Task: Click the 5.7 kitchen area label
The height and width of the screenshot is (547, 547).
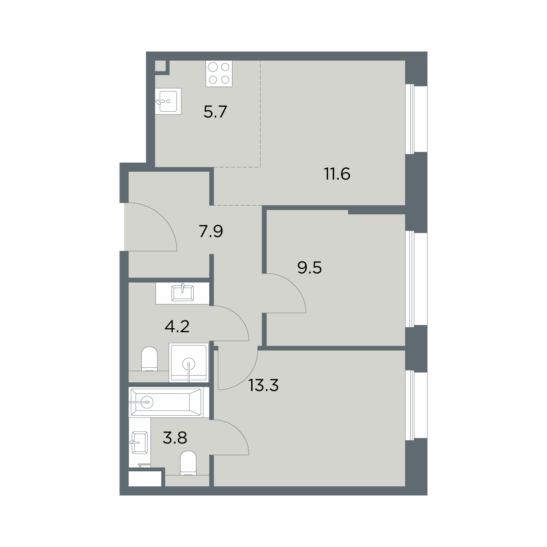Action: [215, 112]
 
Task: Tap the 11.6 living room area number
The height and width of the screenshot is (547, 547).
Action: [337, 174]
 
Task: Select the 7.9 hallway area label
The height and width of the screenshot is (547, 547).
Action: [211, 232]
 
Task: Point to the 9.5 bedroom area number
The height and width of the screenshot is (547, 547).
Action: [310, 268]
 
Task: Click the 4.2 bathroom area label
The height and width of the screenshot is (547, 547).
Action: [177, 326]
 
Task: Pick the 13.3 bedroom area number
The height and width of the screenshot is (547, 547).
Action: [264, 385]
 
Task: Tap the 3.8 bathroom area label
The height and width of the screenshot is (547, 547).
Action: [175, 438]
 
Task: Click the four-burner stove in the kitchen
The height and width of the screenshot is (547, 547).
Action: [219, 73]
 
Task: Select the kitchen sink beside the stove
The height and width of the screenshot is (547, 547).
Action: [168, 101]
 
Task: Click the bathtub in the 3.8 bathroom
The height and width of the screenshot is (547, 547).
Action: [165, 402]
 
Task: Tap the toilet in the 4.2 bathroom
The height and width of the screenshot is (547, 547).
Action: [150, 359]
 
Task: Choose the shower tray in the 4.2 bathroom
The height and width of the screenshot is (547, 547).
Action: [189, 362]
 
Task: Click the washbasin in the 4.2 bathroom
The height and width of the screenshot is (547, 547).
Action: [182, 293]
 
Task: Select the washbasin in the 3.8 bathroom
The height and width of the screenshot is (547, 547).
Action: [139, 443]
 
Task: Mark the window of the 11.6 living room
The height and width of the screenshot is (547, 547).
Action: [416, 119]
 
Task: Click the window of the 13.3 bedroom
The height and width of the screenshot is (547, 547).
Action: [416, 406]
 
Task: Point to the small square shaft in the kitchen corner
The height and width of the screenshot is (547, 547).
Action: [160, 66]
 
